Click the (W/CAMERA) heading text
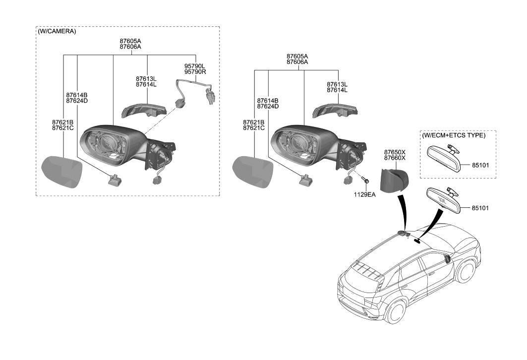point(57,31)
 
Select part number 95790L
point(195,65)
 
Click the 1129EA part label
point(364,195)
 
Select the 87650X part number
point(395,152)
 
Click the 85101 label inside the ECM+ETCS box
point(480,165)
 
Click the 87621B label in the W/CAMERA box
point(62,122)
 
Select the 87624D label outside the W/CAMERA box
point(268,106)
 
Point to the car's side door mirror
point(448,258)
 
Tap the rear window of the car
point(364,270)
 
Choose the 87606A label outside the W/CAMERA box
point(297,62)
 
